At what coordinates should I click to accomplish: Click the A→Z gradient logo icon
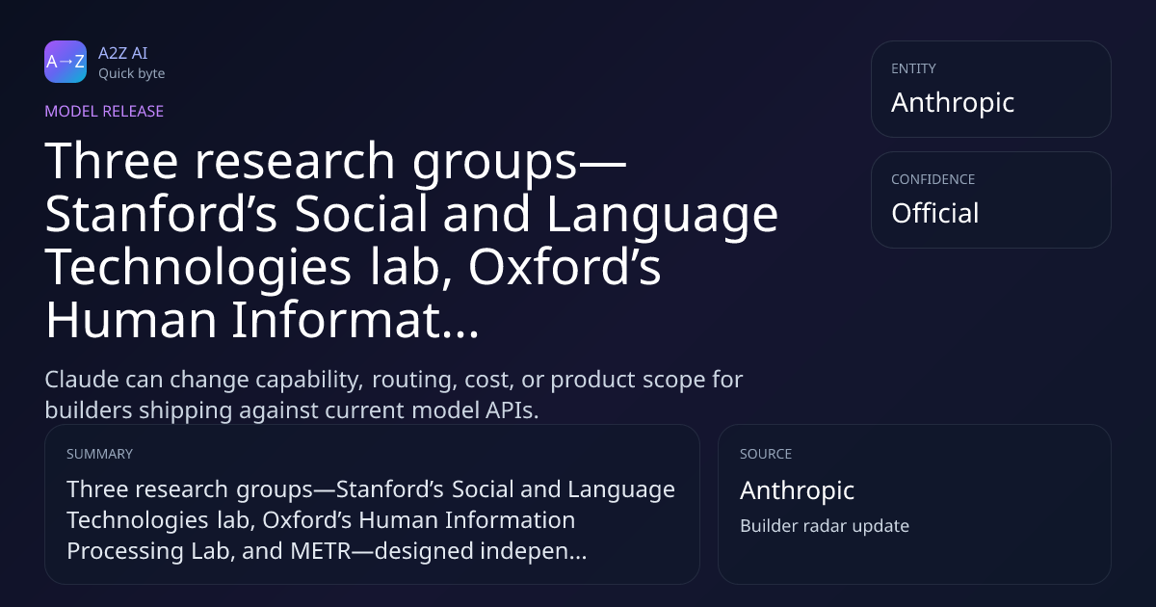click(66, 62)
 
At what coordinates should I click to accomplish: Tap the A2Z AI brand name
click(123, 53)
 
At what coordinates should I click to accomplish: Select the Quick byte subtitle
click(132, 73)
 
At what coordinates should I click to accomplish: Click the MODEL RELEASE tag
click(104, 111)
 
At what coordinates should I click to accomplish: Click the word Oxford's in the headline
click(565, 267)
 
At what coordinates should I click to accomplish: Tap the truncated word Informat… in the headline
click(355, 320)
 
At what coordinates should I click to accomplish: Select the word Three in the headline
click(112, 161)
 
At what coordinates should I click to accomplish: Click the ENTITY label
click(913, 68)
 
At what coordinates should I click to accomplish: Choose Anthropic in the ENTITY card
click(953, 102)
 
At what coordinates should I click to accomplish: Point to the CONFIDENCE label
click(933, 179)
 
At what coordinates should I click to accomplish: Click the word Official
click(935, 213)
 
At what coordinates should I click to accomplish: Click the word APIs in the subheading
click(512, 410)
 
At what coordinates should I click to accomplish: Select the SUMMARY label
click(99, 454)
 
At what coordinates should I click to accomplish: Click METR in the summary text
click(321, 551)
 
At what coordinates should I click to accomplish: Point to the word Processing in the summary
click(125, 551)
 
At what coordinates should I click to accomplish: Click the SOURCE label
click(765, 454)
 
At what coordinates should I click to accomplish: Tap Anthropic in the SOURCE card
click(797, 489)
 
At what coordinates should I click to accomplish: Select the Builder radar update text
click(825, 525)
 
